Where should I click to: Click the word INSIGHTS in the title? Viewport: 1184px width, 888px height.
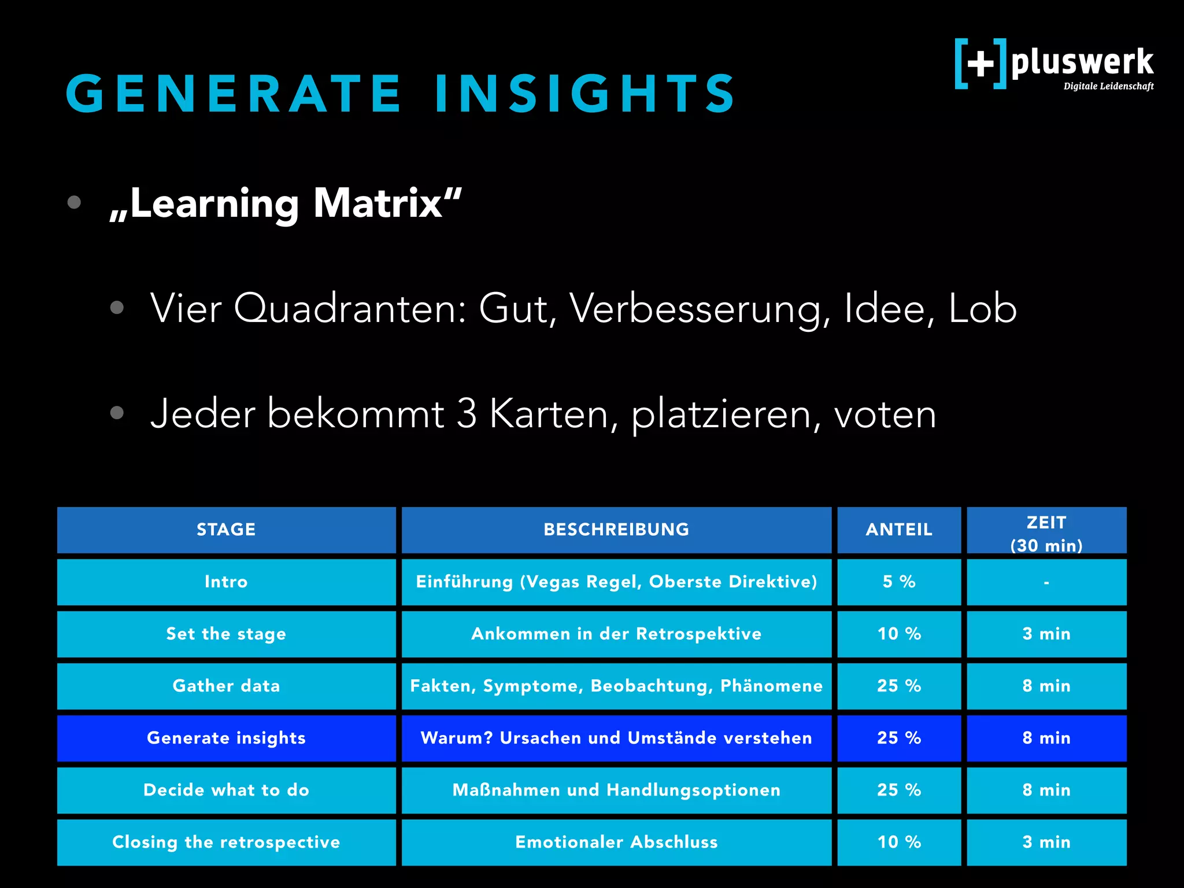tap(585, 93)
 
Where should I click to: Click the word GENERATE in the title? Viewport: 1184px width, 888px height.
tap(234, 93)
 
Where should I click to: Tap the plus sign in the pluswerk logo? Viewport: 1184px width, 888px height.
tap(980, 63)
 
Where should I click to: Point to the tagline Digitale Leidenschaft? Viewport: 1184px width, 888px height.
tap(1108, 87)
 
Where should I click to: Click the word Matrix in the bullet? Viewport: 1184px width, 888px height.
tap(387, 203)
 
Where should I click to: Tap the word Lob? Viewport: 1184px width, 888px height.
tap(982, 308)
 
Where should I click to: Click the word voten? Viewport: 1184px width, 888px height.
tap(885, 414)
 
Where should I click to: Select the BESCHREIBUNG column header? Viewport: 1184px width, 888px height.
tap(616, 530)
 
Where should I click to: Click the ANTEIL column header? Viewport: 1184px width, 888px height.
tap(899, 530)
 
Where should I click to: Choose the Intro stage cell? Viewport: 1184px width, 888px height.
tap(226, 582)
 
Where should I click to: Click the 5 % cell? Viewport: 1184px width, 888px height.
tap(899, 582)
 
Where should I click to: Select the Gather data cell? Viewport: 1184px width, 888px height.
tap(226, 686)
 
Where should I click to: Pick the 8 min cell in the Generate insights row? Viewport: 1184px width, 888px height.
tap(1046, 738)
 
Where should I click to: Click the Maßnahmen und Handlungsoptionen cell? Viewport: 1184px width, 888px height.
tap(616, 790)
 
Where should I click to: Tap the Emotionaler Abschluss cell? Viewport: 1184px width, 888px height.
tap(616, 842)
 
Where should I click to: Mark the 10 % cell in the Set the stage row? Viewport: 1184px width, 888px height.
tap(899, 634)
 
